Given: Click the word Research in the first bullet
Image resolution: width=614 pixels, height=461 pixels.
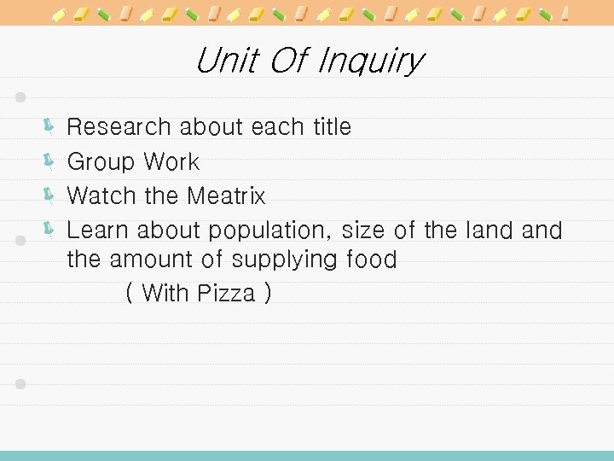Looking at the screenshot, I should (x=119, y=127).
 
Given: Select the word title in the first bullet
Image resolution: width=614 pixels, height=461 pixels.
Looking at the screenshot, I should (x=331, y=127).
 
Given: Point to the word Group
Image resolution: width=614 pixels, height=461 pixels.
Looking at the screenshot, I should (x=101, y=162).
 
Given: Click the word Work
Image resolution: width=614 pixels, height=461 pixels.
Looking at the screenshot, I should (x=171, y=162).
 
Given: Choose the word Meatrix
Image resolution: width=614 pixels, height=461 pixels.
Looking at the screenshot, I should (x=226, y=196).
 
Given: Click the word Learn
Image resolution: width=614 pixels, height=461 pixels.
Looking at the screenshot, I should (x=98, y=230).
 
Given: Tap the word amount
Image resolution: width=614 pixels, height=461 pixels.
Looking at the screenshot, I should (x=153, y=260).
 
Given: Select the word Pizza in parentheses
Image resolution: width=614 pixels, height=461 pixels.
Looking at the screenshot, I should (x=226, y=294).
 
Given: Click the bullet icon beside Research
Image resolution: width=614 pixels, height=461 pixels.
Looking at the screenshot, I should (x=49, y=127).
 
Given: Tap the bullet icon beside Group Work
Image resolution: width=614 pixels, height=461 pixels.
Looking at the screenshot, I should (x=49, y=160).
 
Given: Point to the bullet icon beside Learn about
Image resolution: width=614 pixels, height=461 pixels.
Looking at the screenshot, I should (x=49, y=228).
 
